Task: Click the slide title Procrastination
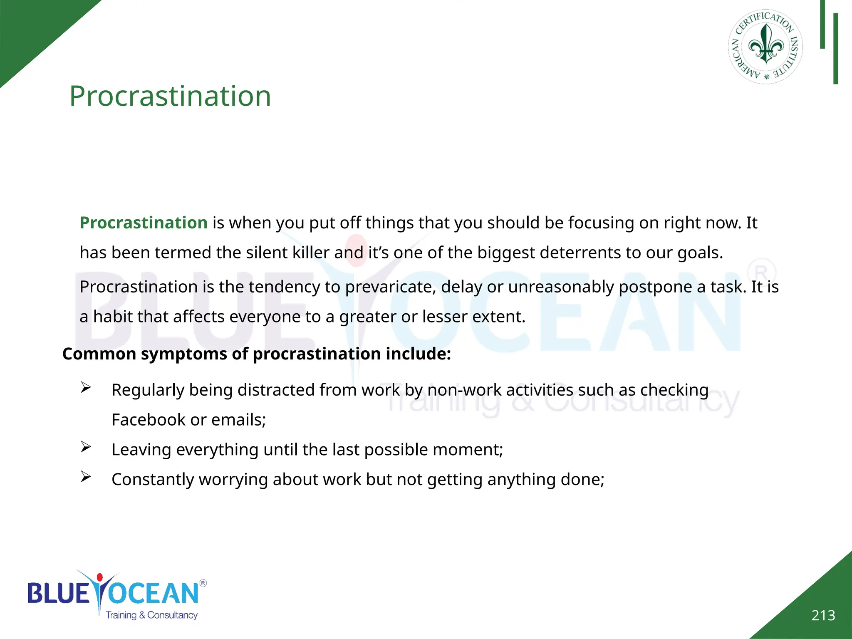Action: click(x=170, y=96)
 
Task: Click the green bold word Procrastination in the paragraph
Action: click(x=144, y=223)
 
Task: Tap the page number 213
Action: click(x=823, y=615)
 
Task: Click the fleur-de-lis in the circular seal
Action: click(x=766, y=45)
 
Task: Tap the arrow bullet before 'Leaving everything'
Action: click(x=86, y=447)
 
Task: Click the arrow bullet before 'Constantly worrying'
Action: click(x=86, y=477)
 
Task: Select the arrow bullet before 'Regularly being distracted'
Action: click(x=86, y=388)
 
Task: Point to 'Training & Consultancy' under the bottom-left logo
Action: click(x=151, y=615)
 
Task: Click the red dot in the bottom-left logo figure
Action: click(x=99, y=577)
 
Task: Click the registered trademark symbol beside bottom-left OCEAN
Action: click(x=203, y=583)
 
